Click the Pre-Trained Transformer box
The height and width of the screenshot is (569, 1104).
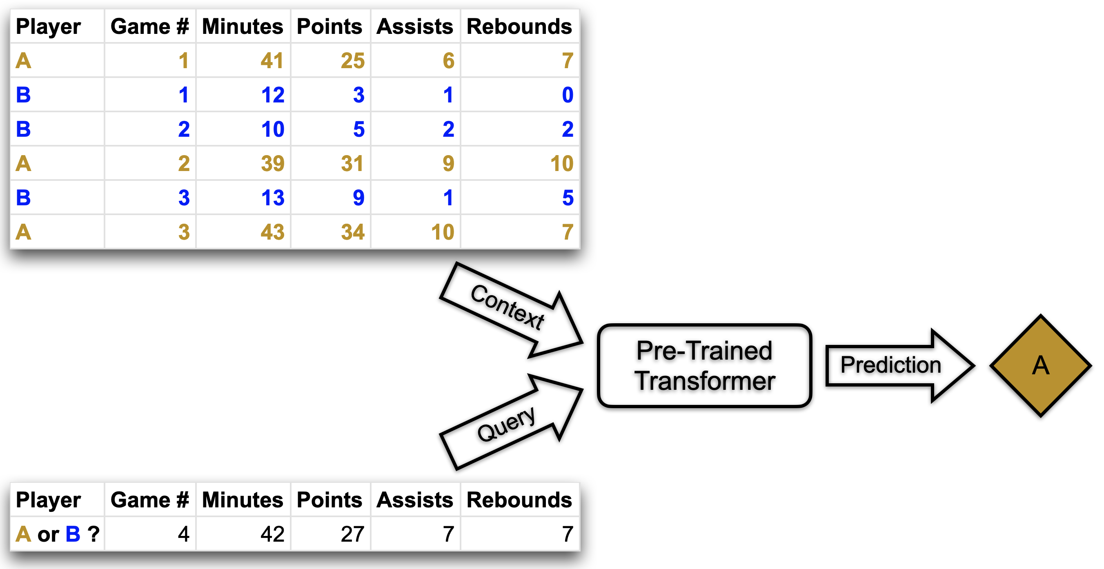pyautogui.click(x=704, y=365)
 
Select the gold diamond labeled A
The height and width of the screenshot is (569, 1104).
pyautogui.click(x=1040, y=365)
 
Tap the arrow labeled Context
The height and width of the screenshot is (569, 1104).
pyautogui.click(x=510, y=309)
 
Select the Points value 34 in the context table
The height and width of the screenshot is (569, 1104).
pyautogui.click(x=352, y=232)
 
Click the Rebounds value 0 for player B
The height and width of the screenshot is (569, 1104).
pyautogui.click(x=567, y=95)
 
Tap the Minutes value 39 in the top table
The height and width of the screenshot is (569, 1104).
pyautogui.click(x=272, y=163)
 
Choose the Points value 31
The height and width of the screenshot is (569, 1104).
pyautogui.click(x=352, y=163)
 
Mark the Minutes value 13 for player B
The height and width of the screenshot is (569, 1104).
pyautogui.click(x=272, y=198)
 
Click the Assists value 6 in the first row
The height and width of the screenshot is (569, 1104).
pyautogui.click(x=448, y=60)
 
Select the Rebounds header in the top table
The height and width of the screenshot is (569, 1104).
pyautogui.click(x=519, y=27)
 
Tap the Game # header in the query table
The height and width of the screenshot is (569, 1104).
pyautogui.click(x=149, y=500)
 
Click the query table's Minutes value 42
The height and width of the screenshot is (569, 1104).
pyautogui.click(x=272, y=534)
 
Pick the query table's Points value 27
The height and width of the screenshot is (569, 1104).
pyautogui.click(x=352, y=534)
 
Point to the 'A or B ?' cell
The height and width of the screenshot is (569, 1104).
pyautogui.click(x=58, y=534)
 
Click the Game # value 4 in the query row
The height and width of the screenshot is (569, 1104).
pyautogui.click(x=183, y=534)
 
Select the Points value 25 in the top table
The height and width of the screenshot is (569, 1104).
pyautogui.click(x=352, y=60)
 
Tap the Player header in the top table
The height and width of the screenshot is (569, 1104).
pyautogui.click(x=48, y=27)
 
